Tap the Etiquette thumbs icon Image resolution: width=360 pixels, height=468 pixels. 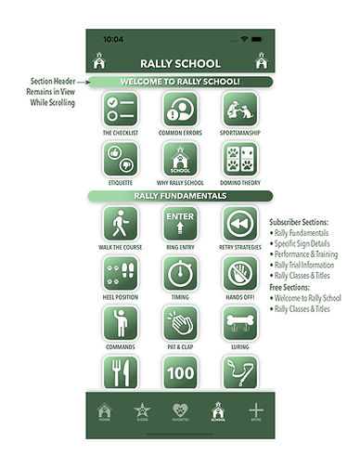pos(120,160)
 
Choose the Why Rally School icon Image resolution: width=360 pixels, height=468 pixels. pos(180,160)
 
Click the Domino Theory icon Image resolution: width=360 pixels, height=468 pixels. pos(239,160)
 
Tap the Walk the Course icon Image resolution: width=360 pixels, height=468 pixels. pos(120,224)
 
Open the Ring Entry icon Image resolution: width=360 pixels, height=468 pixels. pos(180,224)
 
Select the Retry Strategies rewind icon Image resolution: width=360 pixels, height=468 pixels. pos(239,224)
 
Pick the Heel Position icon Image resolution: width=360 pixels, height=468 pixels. pos(120,274)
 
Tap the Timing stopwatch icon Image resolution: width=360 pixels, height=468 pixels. pos(180,274)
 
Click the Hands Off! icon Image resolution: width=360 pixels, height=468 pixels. pos(239,274)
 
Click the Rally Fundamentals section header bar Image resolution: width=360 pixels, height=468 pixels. pos(180,196)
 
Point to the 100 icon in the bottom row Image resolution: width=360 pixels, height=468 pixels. pos(180,372)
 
